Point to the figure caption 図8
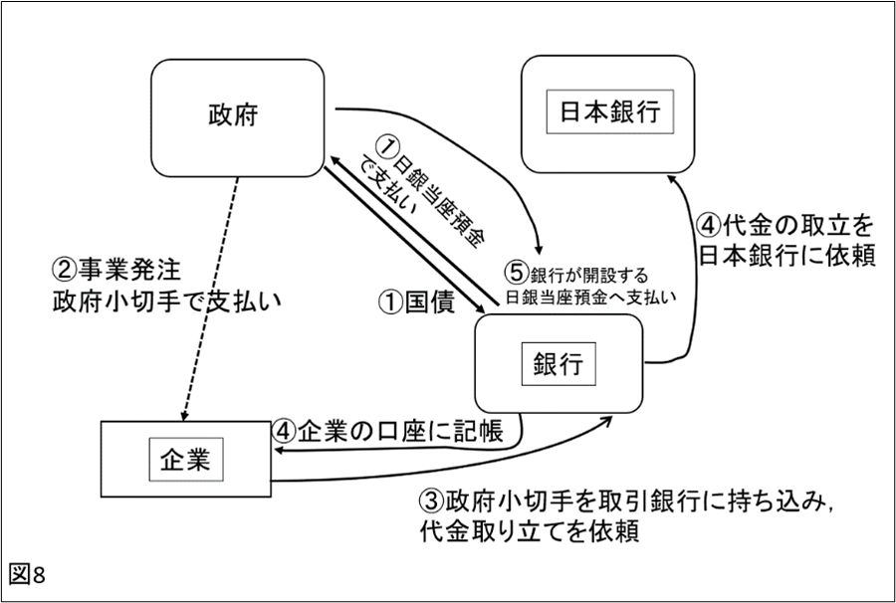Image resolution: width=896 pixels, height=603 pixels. tap(27, 574)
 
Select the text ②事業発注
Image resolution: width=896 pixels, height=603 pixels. tap(119, 269)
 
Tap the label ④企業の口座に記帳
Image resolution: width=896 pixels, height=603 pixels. tap(394, 432)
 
